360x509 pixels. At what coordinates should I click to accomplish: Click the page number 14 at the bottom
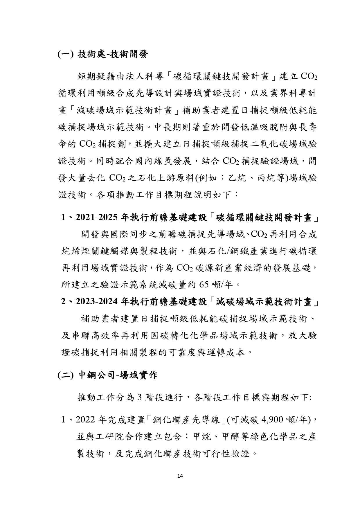[180, 476]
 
